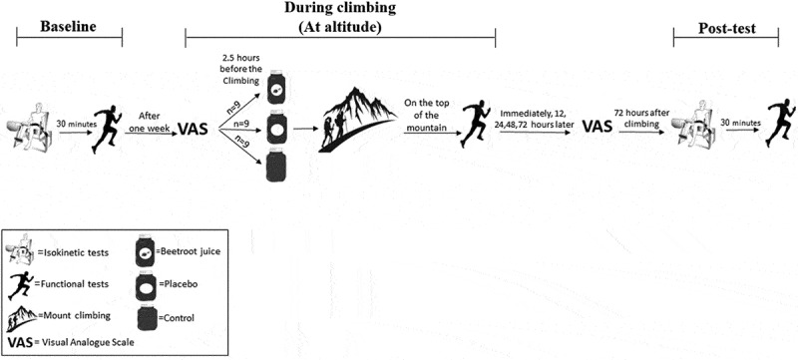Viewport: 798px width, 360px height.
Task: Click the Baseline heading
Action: pyautogui.click(x=68, y=27)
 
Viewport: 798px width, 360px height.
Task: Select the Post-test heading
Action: pyautogui.click(x=727, y=28)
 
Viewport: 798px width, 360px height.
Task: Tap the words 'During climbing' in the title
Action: pyautogui.click(x=340, y=8)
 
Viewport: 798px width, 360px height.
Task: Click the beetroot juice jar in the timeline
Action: pyautogui.click(x=277, y=87)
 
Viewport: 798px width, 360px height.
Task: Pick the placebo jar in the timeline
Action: pyautogui.click(x=277, y=130)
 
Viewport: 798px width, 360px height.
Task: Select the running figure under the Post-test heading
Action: pyautogui.click(x=780, y=122)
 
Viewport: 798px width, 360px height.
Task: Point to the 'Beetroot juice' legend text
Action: pyautogui.click(x=188, y=252)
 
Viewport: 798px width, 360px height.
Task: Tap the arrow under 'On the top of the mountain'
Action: pyautogui.click(x=433, y=134)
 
